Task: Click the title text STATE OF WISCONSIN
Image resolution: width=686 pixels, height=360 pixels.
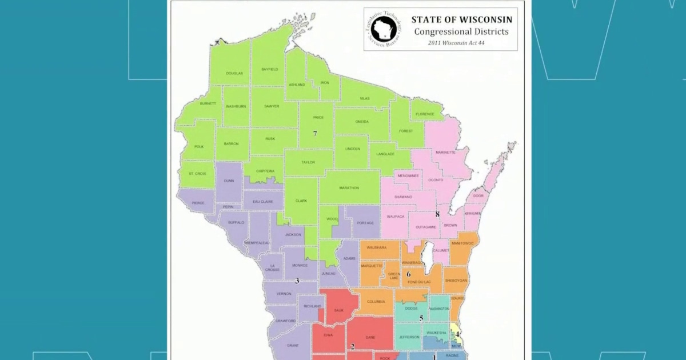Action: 461,19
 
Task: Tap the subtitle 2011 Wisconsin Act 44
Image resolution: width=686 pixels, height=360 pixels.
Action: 461,43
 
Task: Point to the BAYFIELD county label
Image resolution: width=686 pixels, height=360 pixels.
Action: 269,69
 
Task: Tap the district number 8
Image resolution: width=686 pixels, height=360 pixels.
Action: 437,214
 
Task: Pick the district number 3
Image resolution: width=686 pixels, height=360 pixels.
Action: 297,281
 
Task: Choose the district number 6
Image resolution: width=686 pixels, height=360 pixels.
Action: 409,274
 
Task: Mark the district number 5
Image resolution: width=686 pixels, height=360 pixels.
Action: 421,318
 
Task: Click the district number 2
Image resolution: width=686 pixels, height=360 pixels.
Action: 353,346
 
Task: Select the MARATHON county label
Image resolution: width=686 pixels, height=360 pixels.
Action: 348,188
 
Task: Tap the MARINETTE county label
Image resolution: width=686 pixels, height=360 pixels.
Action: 445,153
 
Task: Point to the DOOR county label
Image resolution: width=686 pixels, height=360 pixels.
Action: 478,196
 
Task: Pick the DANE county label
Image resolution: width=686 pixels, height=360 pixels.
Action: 370,338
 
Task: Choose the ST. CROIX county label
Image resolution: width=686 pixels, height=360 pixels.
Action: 197,173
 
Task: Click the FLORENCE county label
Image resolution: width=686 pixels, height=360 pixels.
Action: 425,114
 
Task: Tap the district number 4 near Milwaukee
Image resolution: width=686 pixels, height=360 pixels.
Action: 457,334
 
